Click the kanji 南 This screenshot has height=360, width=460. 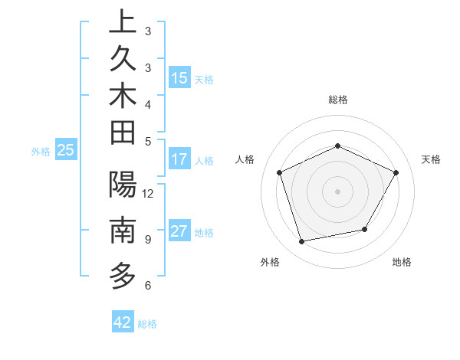(123, 229)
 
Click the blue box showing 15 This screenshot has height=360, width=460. (179, 78)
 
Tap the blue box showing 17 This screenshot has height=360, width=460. (179, 160)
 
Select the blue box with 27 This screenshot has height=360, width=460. (179, 232)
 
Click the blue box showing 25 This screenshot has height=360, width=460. (66, 151)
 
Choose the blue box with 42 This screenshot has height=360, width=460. (123, 322)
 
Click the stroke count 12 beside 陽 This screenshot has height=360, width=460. (149, 193)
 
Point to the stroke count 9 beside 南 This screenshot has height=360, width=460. (147, 240)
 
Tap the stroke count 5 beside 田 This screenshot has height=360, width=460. (147, 141)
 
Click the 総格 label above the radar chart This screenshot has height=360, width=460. (337, 100)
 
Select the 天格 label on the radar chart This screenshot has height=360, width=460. (432, 159)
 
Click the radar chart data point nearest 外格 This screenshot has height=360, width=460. (302, 242)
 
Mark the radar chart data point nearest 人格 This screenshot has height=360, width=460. (280, 172)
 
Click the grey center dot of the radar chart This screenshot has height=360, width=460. (337, 191)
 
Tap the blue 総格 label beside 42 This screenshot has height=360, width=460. (147, 324)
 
